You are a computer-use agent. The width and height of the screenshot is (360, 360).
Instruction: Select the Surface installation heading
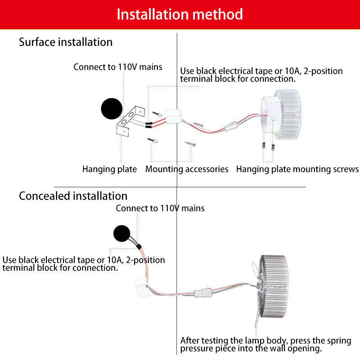tap(66, 42)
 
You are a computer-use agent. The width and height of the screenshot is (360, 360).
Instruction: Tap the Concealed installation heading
tap(73, 196)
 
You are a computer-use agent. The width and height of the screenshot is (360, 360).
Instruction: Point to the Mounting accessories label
tap(187, 170)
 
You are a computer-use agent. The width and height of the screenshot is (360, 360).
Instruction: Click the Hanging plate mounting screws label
tap(297, 170)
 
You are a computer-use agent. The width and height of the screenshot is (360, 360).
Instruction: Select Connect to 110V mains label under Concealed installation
tap(160, 208)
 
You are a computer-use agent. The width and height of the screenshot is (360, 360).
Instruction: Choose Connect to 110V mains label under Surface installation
tap(118, 67)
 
